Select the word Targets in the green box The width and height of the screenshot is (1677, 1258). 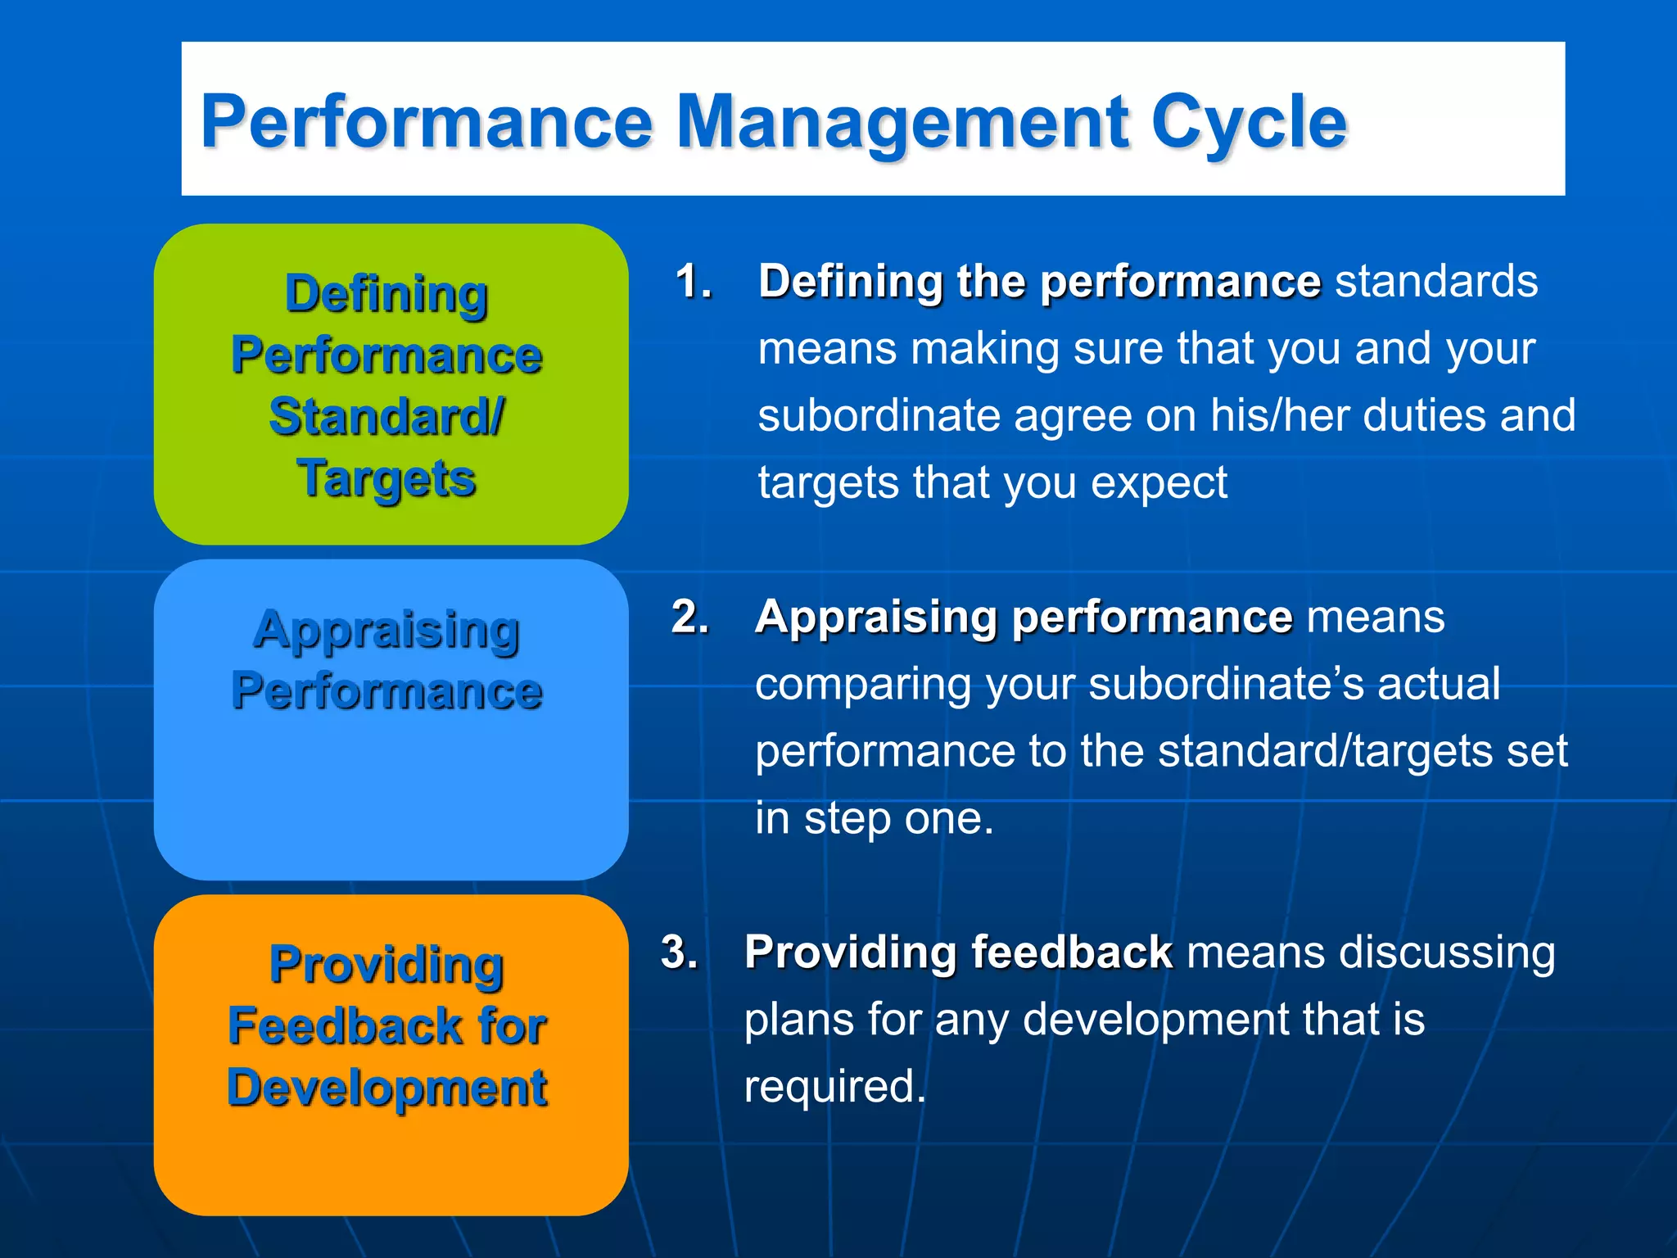click(386, 480)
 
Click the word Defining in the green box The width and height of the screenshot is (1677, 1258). click(386, 294)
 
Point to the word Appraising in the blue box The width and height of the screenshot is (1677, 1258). click(386, 631)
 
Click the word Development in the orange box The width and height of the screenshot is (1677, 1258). click(386, 1088)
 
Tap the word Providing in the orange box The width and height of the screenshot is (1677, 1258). click(386, 966)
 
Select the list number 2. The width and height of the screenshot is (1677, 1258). click(689, 617)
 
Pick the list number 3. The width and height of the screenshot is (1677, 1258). click(679, 953)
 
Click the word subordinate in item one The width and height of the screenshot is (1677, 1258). click(878, 415)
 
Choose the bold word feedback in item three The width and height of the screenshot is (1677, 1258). click(1072, 953)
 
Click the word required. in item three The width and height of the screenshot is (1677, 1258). click(834, 1088)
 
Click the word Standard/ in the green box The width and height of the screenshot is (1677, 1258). click(386, 418)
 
